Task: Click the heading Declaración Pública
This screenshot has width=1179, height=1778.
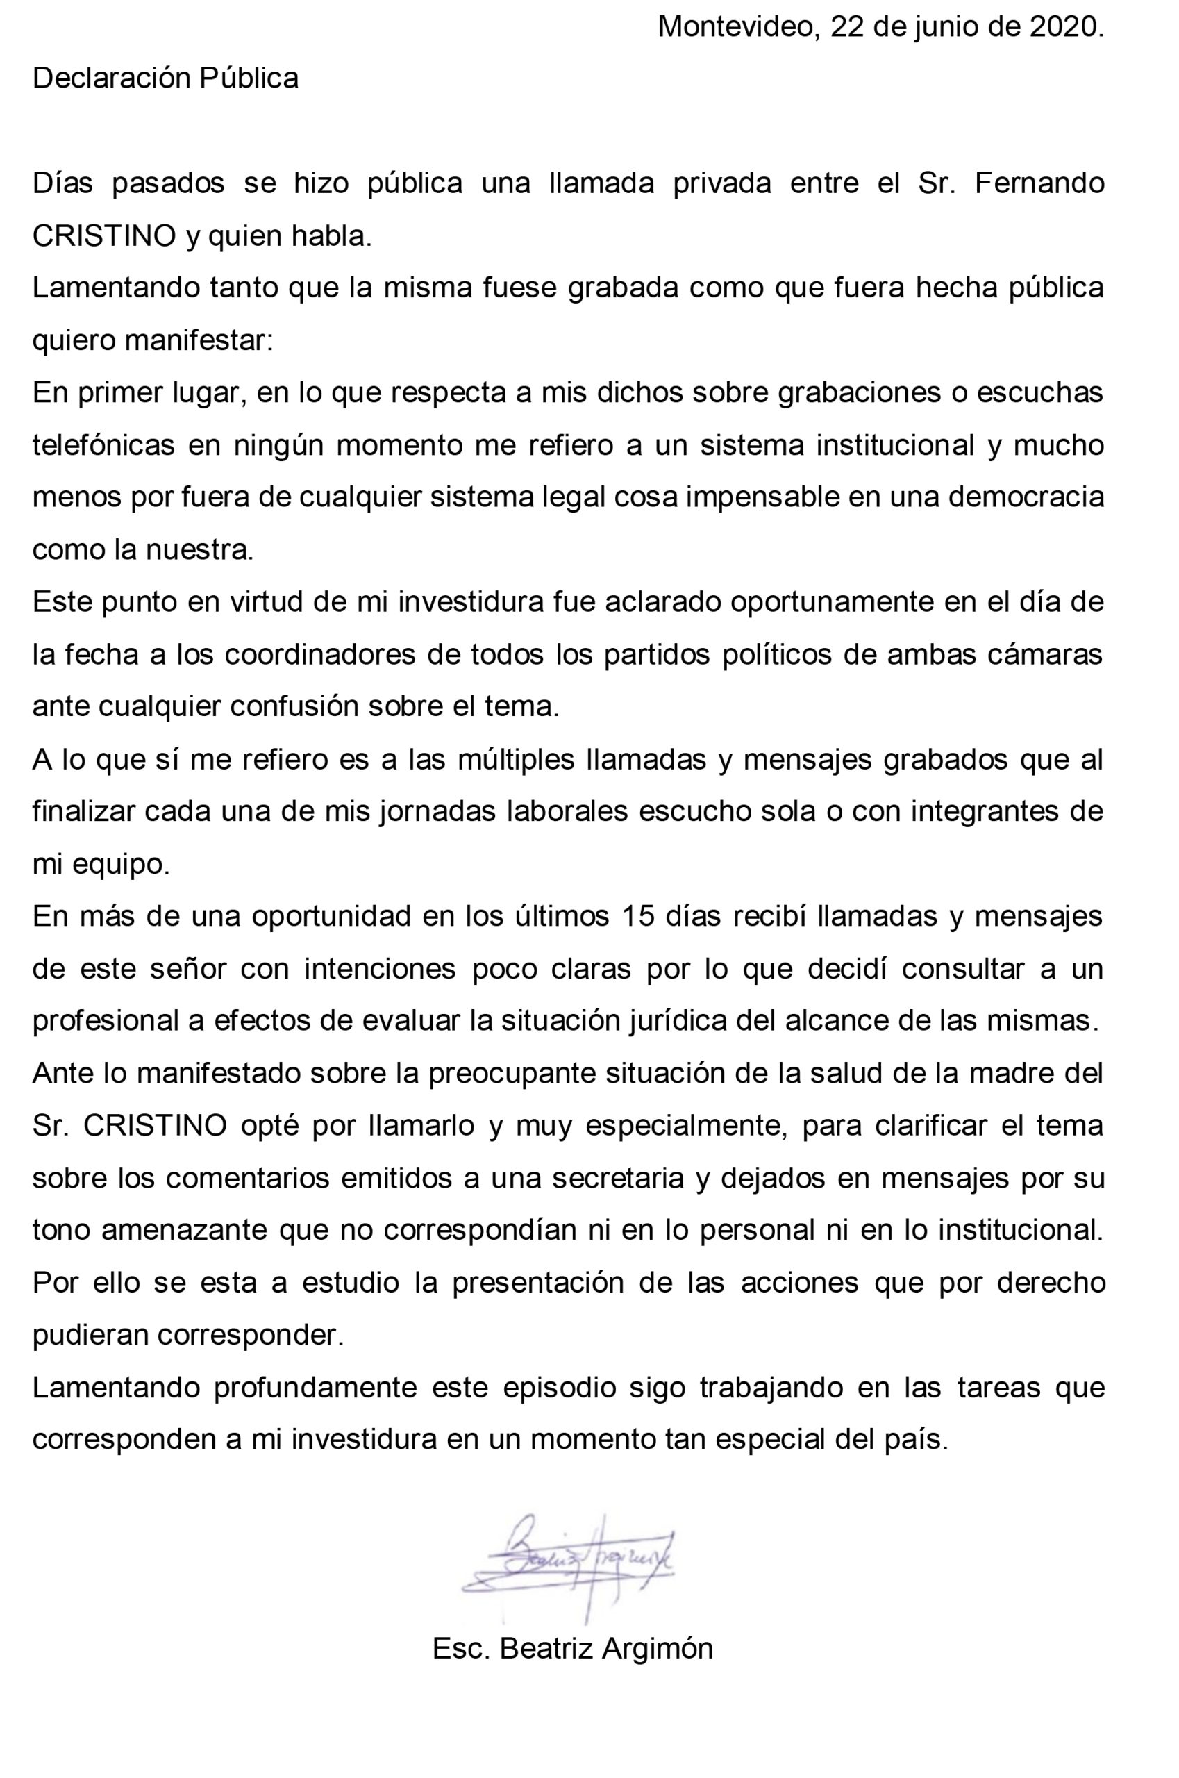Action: point(165,78)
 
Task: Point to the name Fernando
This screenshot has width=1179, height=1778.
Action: point(1039,184)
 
